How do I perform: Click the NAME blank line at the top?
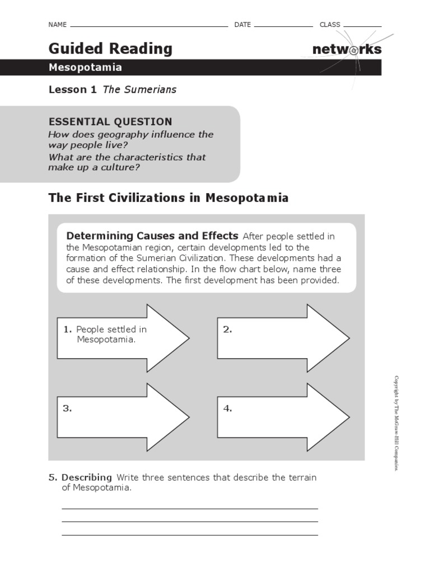[148, 26]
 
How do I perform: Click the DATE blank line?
[283, 26]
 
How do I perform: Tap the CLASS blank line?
[362, 26]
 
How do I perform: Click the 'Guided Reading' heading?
[110, 49]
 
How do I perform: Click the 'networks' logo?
[347, 49]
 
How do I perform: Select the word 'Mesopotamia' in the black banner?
[85, 68]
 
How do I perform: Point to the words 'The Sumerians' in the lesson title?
[139, 90]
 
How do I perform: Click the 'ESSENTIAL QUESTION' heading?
[110, 121]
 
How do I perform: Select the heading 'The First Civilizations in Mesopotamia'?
[169, 198]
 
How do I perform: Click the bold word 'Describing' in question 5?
[87, 477]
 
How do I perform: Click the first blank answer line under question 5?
[189, 508]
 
